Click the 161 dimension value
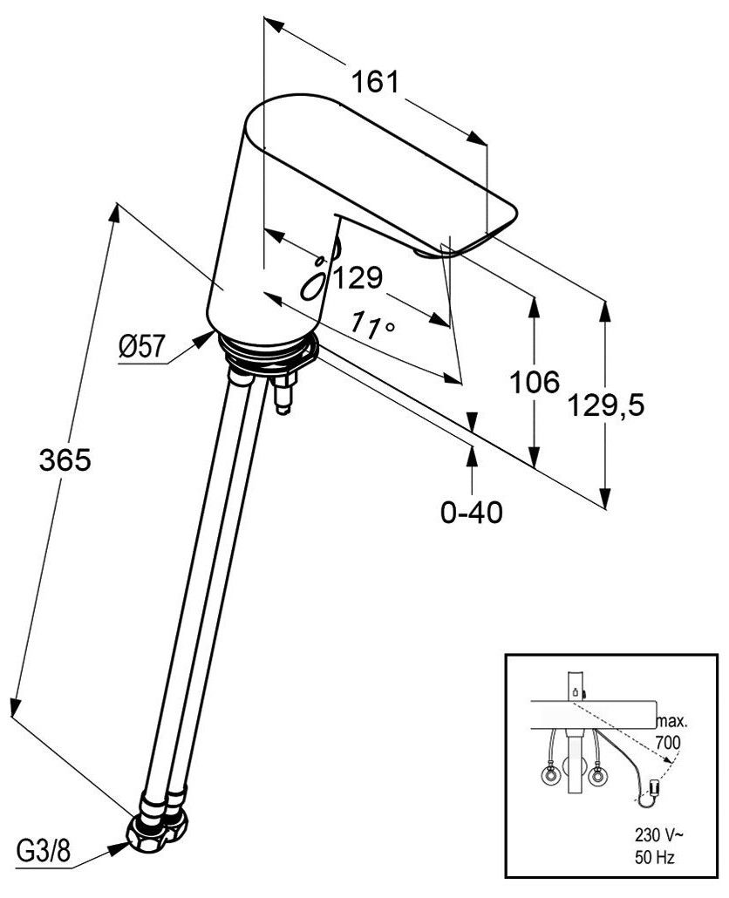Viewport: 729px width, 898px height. click(375, 83)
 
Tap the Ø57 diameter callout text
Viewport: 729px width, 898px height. click(141, 348)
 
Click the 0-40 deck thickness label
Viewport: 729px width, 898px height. click(472, 513)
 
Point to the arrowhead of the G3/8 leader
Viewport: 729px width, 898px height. click(128, 842)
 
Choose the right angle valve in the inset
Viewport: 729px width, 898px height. click(597, 774)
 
